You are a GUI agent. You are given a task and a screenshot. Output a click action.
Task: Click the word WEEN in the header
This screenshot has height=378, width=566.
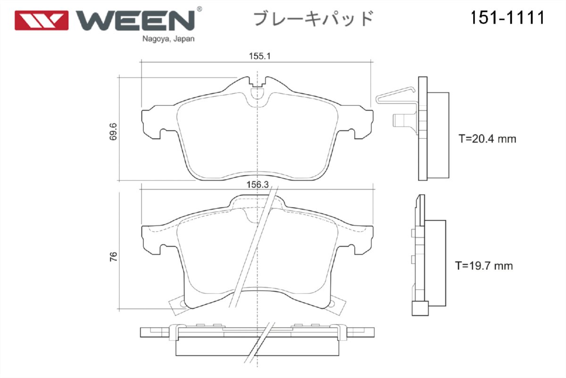(x=135, y=20)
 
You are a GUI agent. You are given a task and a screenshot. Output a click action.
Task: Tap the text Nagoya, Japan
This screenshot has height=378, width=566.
(x=168, y=39)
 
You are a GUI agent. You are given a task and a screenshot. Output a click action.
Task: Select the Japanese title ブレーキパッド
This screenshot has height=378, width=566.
(x=314, y=19)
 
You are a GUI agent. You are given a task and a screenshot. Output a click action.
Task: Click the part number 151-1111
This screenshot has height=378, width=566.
(x=507, y=18)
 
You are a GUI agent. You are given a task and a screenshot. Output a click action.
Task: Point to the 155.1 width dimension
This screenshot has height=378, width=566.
(x=259, y=56)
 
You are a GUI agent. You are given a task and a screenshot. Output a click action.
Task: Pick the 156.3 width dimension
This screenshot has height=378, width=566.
(x=258, y=186)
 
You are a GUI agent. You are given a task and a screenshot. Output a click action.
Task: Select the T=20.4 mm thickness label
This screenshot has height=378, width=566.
(x=487, y=139)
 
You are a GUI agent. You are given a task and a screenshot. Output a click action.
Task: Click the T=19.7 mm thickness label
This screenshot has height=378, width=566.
(x=484, y=266)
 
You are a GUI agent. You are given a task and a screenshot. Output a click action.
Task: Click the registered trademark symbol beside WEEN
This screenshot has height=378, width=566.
(x=199, y=9)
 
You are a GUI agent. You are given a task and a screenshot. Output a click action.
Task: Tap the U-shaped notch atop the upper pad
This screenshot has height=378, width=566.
(x=257, y=91)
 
